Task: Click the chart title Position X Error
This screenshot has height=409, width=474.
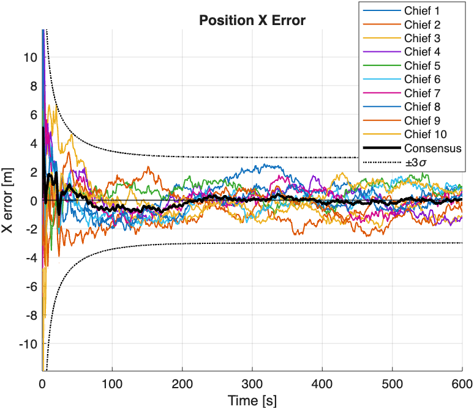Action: (x=252, y=21)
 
